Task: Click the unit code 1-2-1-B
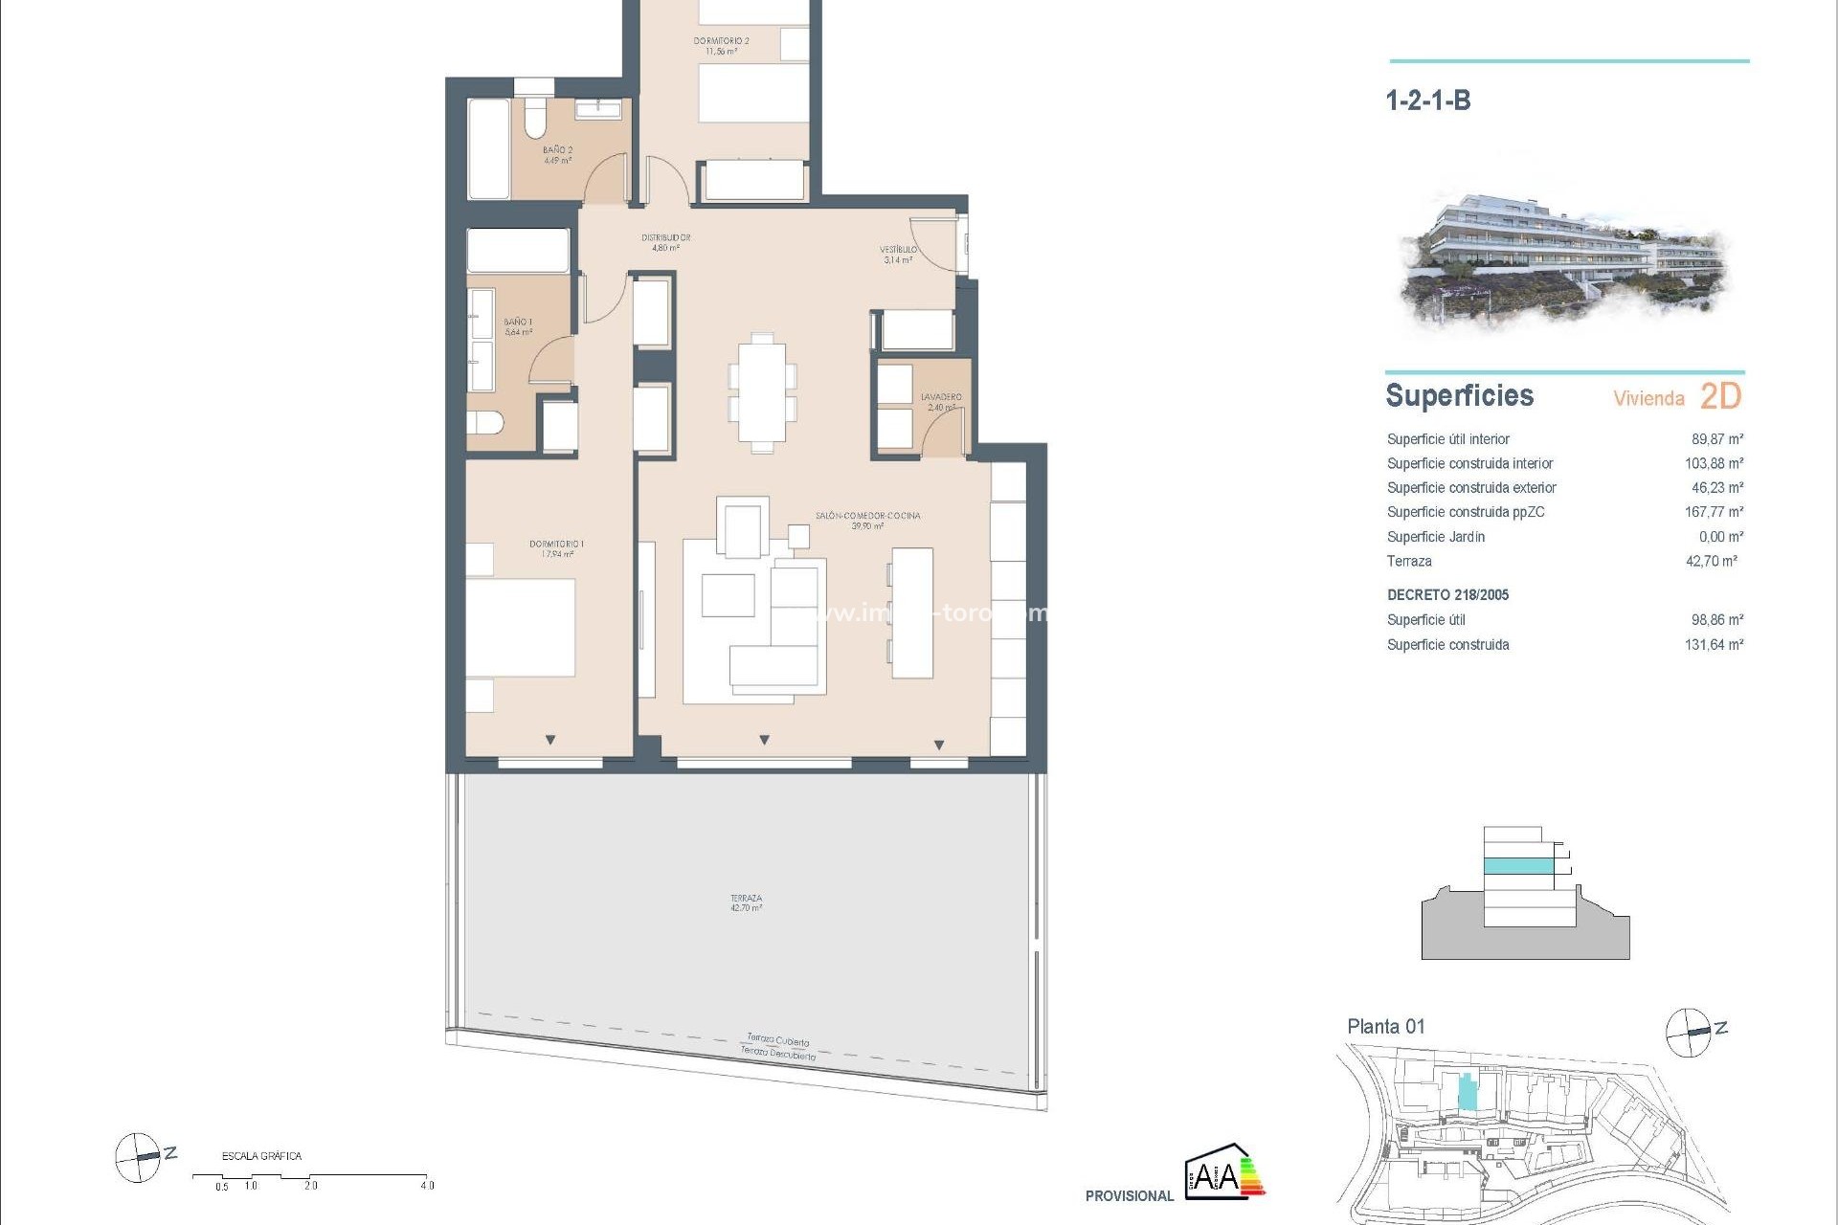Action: point(1427,100)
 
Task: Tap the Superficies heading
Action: point(1459,396)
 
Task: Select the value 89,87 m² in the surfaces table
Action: point(1716,439)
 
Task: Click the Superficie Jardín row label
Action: point(1435,537)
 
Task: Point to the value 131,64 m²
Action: point(1714,645)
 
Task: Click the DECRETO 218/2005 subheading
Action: point(1447,595)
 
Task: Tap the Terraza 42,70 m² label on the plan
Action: point(746,902)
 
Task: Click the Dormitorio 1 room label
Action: point(556,548)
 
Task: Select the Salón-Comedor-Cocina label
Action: point(867,520)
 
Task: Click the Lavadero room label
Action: point(941,401)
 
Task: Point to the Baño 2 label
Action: point(557,155)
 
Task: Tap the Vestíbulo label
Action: point(898,254)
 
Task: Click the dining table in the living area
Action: point(762,392)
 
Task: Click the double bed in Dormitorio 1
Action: point(521,628)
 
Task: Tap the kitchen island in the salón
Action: point(912,612)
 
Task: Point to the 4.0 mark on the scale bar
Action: point(426,1185)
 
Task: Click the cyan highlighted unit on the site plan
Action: point(1467,1092)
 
